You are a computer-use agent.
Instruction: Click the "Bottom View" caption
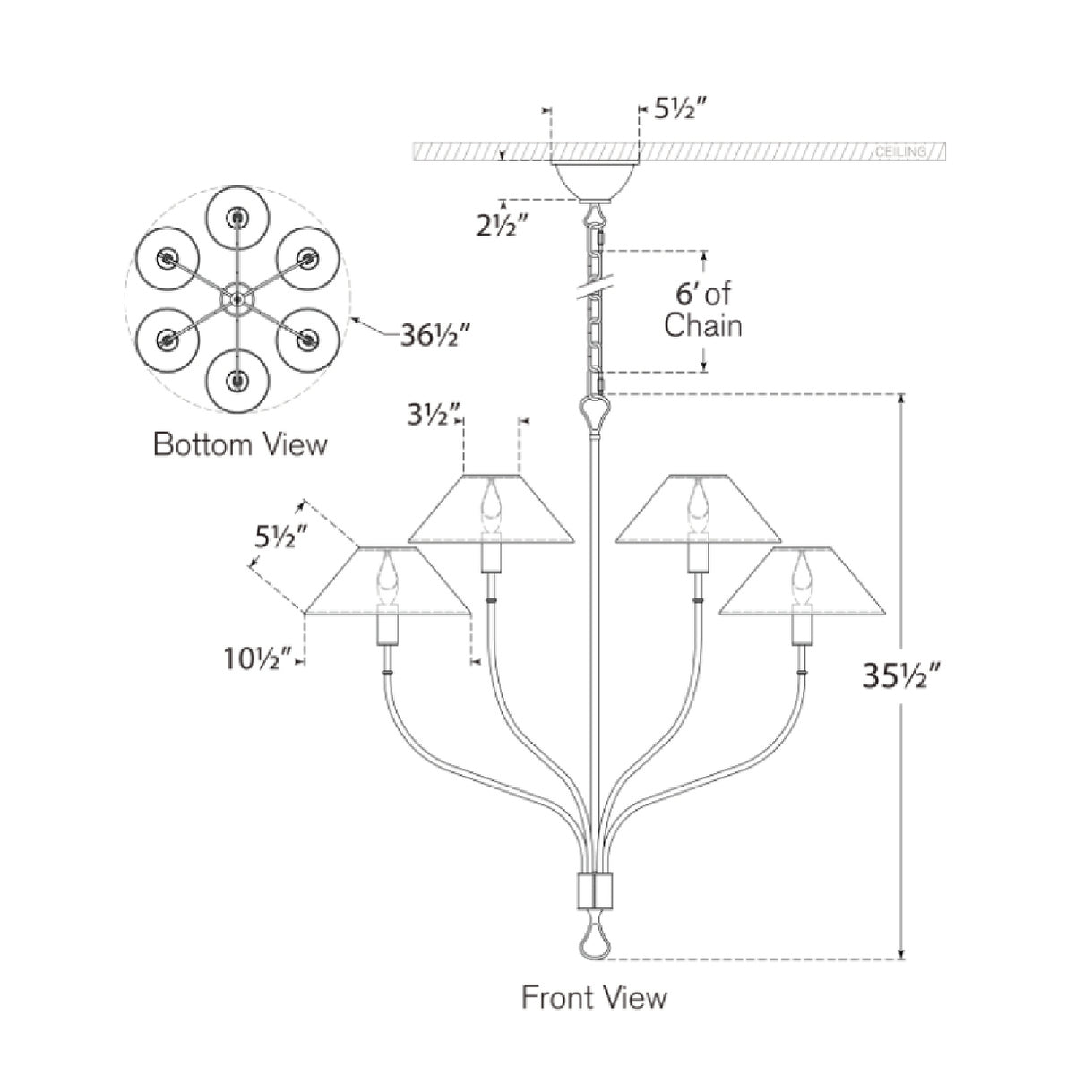240,443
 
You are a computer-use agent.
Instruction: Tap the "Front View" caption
594,996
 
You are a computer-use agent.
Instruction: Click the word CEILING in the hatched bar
900,152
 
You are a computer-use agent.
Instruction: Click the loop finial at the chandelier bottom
593,941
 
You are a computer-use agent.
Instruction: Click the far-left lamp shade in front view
386,582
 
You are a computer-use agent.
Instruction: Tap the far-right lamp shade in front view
802,582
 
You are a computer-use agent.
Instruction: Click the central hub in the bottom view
237,297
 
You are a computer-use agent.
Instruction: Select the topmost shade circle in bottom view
237,217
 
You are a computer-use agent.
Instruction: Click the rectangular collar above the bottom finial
593,892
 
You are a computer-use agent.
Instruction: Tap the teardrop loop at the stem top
593,413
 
